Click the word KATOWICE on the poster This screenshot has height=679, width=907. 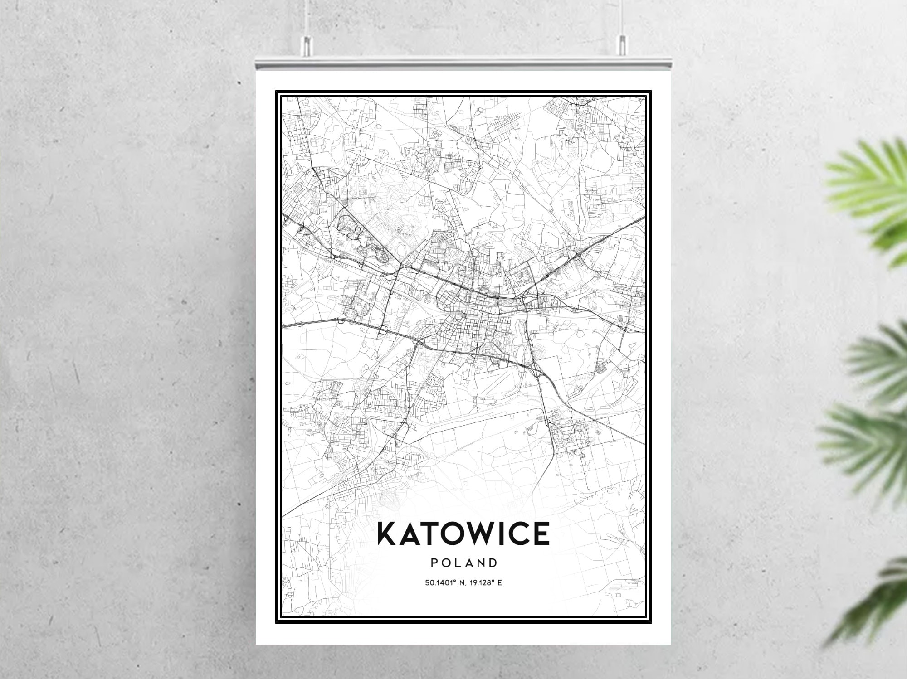pyautogui.click(x=463, y=533)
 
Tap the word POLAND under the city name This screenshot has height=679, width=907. pyautogui.click(x=464, y=563)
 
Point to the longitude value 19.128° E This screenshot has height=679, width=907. pyautogui.click(x=486, y=582)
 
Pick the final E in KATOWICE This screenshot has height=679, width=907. pyautogui.click(x=541, y=533)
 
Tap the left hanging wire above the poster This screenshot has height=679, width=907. pyautogui.click(x=307, y=18)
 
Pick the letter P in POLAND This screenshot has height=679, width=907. pyautogui.click(x=434, y=563)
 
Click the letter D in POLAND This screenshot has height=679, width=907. pyautogui.click(x=493, y=563)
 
